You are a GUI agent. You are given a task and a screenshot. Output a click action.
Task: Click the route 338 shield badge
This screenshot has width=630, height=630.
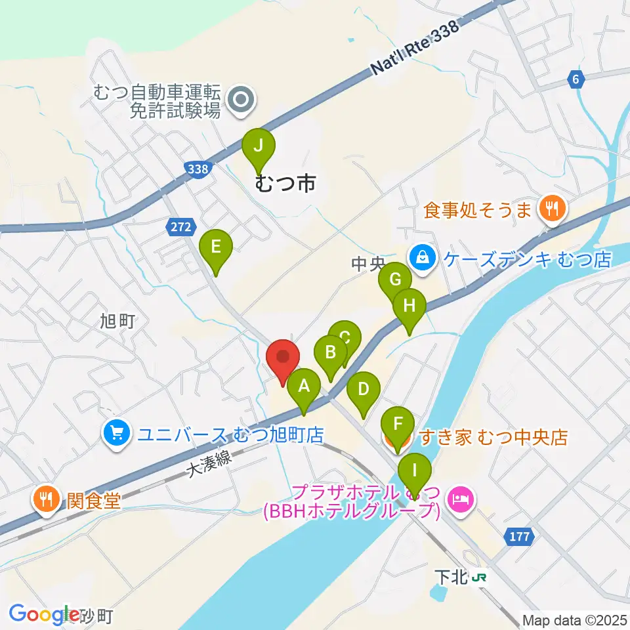pos(198,169)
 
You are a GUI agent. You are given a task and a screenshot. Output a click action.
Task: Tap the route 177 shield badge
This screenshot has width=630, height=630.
pos(518,537)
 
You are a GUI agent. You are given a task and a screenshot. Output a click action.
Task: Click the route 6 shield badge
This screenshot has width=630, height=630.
pos(576,80)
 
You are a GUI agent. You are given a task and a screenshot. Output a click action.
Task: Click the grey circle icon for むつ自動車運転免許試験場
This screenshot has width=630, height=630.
pos(241,100)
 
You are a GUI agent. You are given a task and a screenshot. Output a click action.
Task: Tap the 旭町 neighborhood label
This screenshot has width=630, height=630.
pos(117,321)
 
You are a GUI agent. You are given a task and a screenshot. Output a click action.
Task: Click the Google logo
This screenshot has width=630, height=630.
pos(43,614)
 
